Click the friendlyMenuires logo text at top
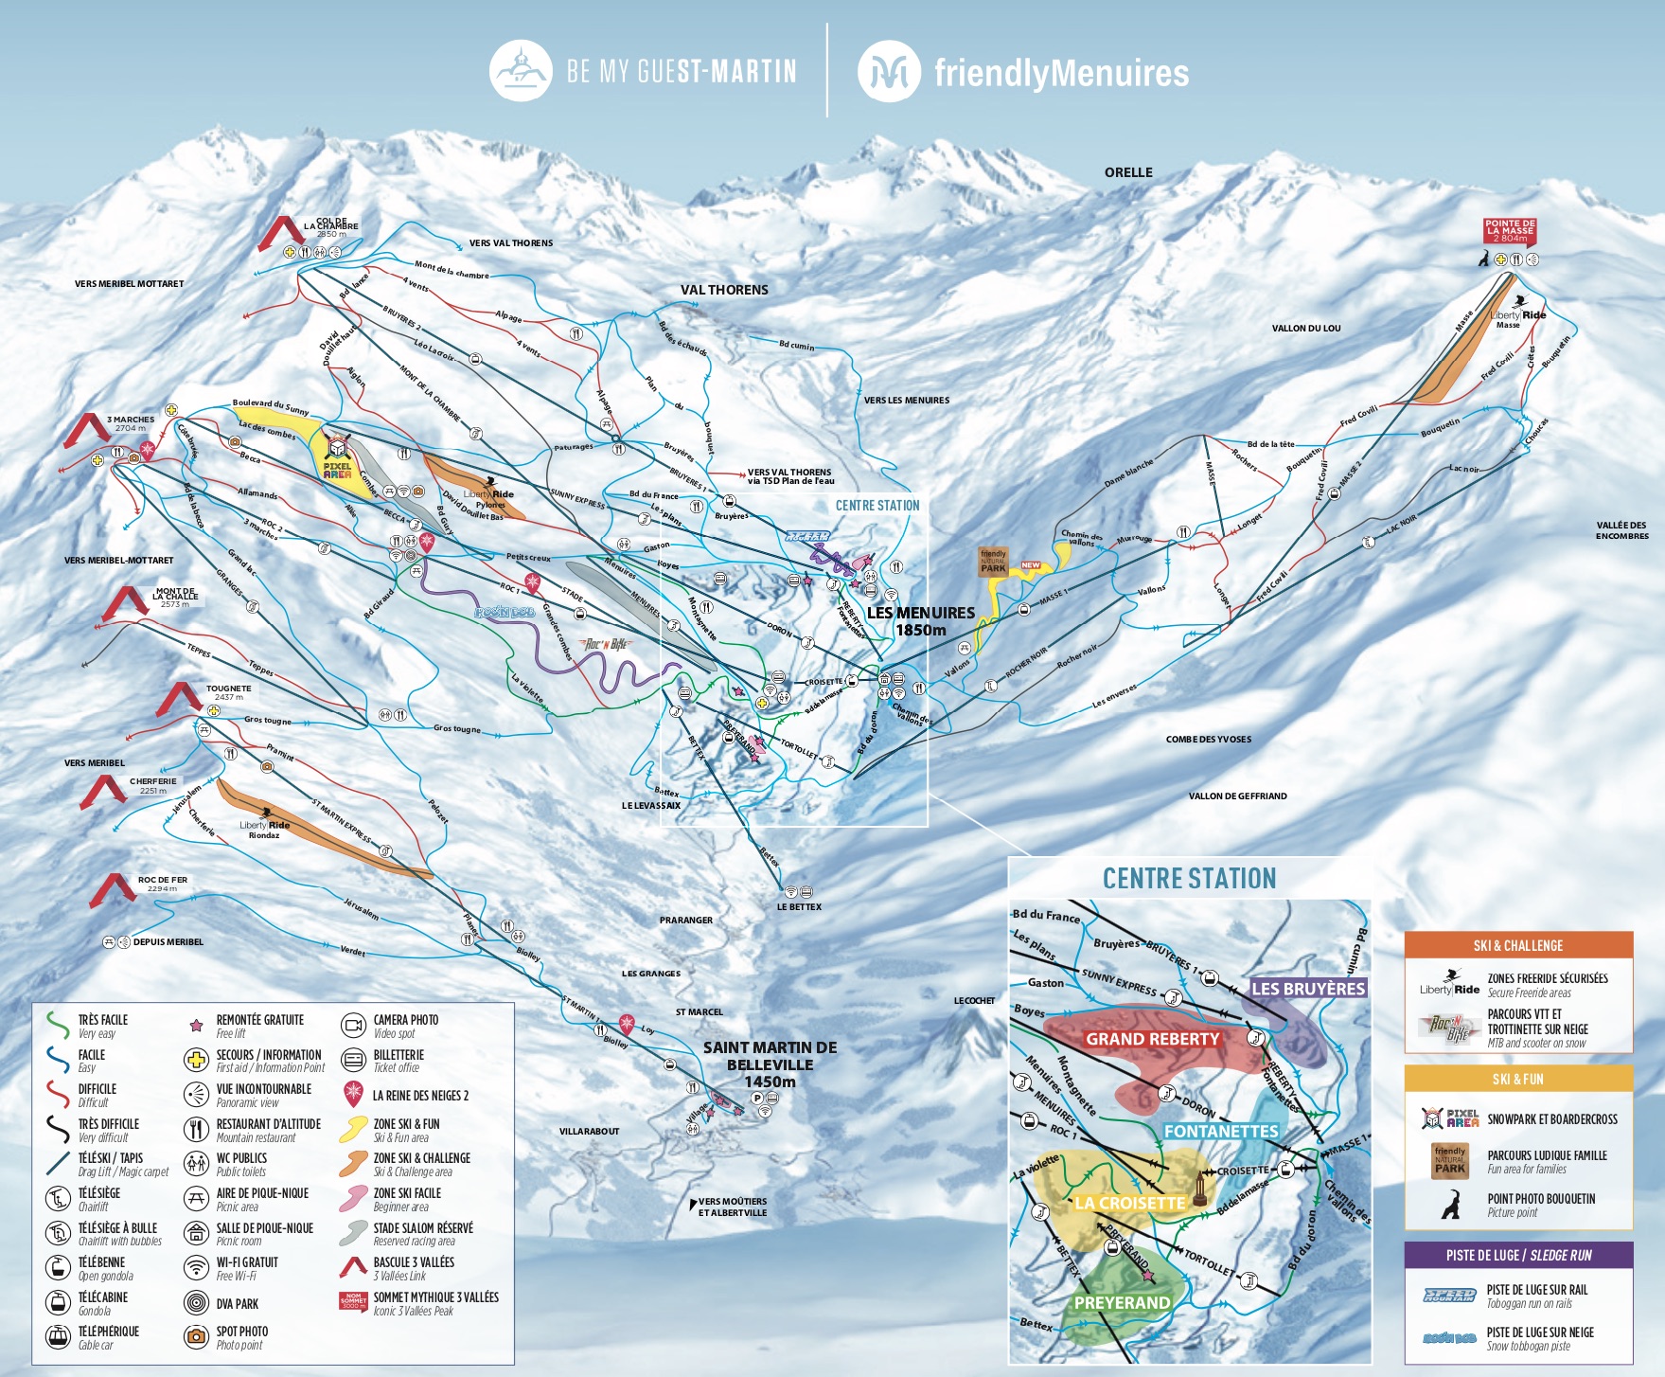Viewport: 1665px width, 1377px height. point(1060,73)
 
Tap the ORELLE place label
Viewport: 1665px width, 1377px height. point(1128,172)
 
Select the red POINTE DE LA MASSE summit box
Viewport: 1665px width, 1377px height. point(1510,231)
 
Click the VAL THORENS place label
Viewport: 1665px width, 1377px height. point(724,290)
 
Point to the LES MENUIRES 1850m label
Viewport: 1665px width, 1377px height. point(920,621)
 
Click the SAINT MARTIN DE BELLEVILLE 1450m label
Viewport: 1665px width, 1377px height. point(770,1064)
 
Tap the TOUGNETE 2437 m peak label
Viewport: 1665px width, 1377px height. point(228,692)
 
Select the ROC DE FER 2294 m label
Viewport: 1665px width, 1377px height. point(162,884)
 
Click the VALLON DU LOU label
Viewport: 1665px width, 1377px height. point(1305,329)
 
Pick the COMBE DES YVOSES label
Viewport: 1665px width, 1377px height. point(1208,740)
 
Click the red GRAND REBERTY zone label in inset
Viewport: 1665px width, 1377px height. point(1152,1039)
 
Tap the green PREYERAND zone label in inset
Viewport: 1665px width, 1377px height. point(1122,1303)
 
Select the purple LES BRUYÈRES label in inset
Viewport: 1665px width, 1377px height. point(1308,989)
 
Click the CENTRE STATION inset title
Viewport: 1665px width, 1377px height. point(1189,879)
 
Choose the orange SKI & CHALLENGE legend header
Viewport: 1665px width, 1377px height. point(1518,945)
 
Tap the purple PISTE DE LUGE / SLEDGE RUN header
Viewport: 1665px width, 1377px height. point(1518,1255)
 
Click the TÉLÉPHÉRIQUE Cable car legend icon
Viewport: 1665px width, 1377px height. point(59,1336)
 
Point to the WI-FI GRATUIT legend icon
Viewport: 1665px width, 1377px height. point(196,1267)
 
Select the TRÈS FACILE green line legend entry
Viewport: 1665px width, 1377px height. point(59,1026)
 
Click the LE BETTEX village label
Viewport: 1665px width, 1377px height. point(799,907)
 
